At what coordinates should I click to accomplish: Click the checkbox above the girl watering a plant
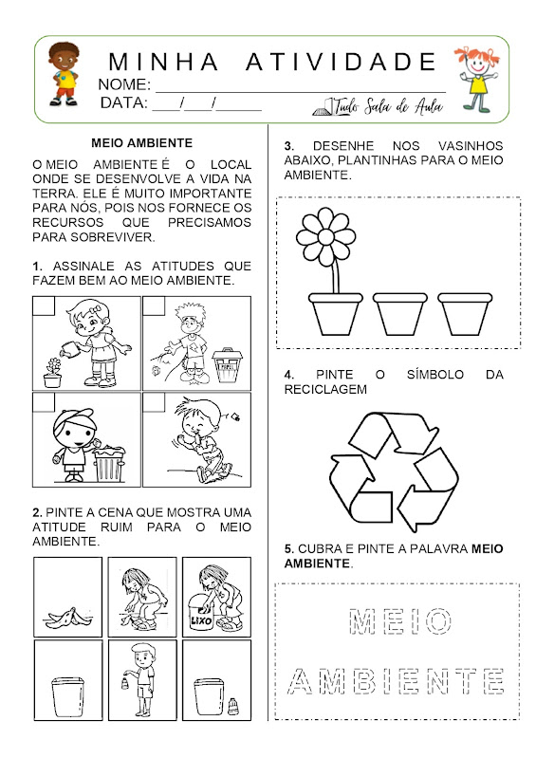44,306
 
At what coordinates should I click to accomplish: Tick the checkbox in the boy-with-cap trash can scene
44,402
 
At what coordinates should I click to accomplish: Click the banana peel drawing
67,618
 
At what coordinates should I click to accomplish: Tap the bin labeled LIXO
200,615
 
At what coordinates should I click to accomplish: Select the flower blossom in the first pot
325,236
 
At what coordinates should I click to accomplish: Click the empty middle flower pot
399,314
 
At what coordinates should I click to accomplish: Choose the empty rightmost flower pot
465,314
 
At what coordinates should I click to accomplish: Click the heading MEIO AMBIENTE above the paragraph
141,143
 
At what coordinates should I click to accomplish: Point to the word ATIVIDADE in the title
341,62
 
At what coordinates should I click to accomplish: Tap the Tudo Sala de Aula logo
378,106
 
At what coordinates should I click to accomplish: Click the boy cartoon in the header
64,73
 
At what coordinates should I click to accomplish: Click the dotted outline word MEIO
400,621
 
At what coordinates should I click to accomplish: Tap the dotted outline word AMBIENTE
396,681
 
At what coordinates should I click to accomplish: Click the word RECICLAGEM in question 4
325,389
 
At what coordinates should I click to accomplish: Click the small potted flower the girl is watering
53,373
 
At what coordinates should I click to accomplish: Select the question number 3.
289,146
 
